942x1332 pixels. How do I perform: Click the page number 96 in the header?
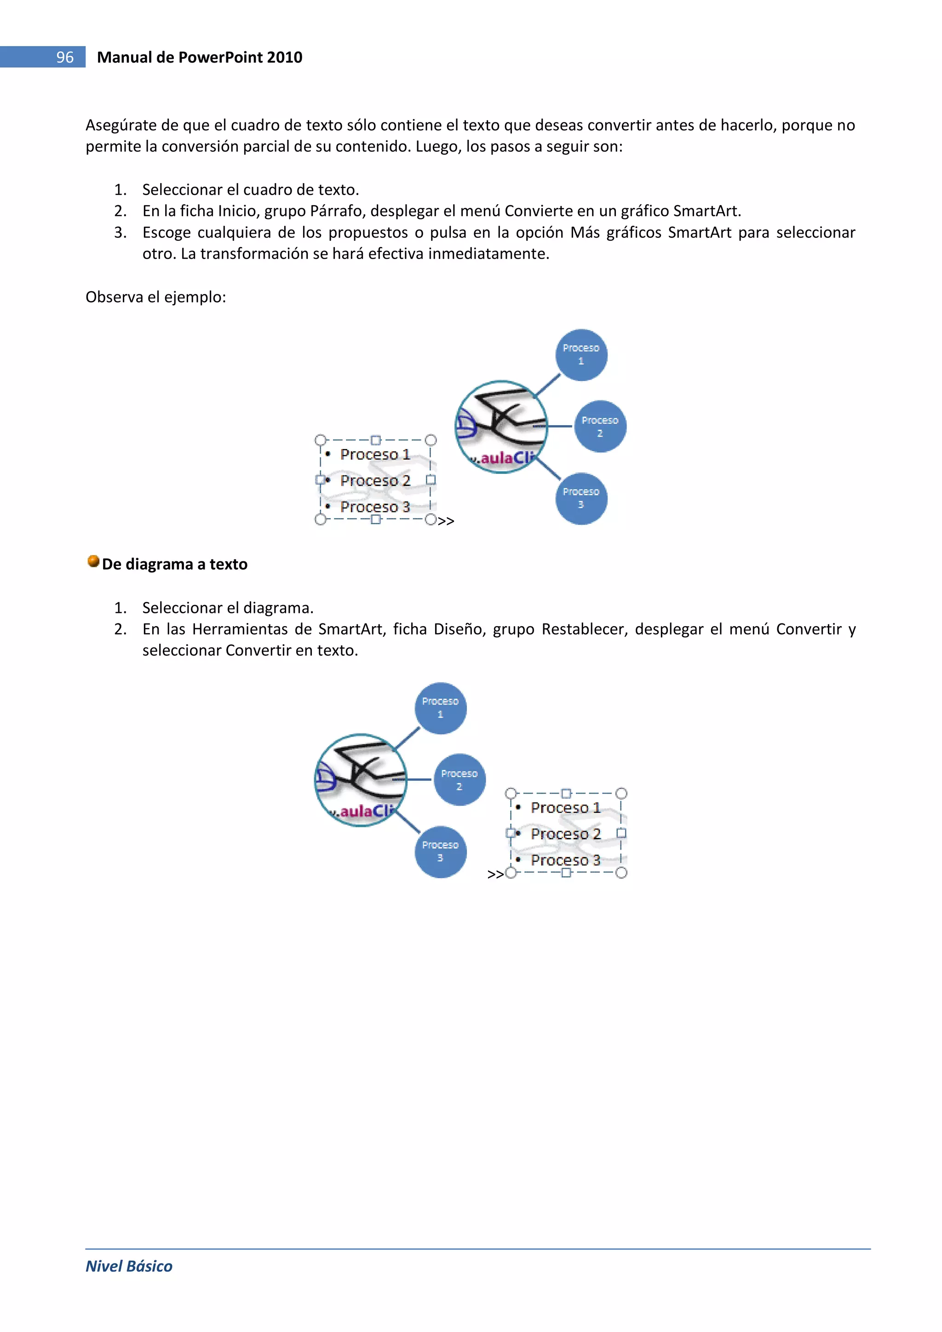[64, 57]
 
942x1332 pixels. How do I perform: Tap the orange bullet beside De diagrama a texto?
[93, 561]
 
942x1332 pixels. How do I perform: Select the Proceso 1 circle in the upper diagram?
[581, 354]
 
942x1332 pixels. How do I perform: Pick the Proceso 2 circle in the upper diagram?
[600, 427]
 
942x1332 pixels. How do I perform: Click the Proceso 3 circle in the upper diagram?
[581, 498]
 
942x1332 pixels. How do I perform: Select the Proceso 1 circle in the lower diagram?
[440, 708]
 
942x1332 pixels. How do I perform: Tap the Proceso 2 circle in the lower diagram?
[460, 780]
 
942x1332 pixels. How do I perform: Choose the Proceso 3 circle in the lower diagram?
[440, 852]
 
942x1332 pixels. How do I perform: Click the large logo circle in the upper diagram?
[501, 427]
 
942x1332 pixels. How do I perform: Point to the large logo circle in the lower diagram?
[361, 780]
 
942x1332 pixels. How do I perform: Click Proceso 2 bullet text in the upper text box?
[375, 480]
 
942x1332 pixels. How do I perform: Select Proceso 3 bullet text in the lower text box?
[566, 860]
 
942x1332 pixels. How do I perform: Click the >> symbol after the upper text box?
[446, 521]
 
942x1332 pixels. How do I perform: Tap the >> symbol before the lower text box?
[495, 874]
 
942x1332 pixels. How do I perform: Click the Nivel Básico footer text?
[129, 1266]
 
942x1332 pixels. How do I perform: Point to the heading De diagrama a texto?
[175, 564]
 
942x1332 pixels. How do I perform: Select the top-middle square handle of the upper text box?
[375, 440]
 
